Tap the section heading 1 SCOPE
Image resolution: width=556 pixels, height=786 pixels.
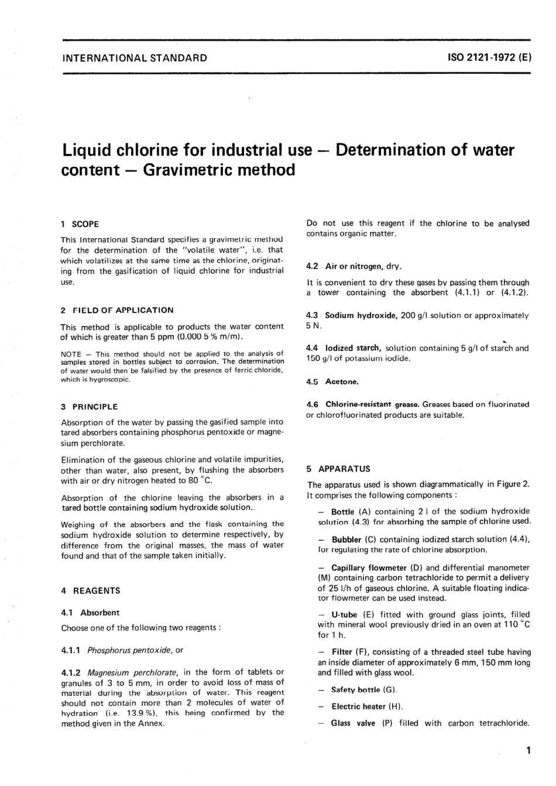click(80, 224)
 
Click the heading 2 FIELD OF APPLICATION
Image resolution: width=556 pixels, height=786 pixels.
click(117, 310)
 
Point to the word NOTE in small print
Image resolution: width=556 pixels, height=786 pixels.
click(71, 354)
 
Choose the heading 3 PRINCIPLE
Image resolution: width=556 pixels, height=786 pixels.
click(90, 407)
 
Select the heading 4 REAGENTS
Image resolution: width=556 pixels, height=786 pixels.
click(91, 591)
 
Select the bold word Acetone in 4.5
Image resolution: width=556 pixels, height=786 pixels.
click(342, 382)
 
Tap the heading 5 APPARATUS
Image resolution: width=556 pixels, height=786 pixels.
click(338, 469)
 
